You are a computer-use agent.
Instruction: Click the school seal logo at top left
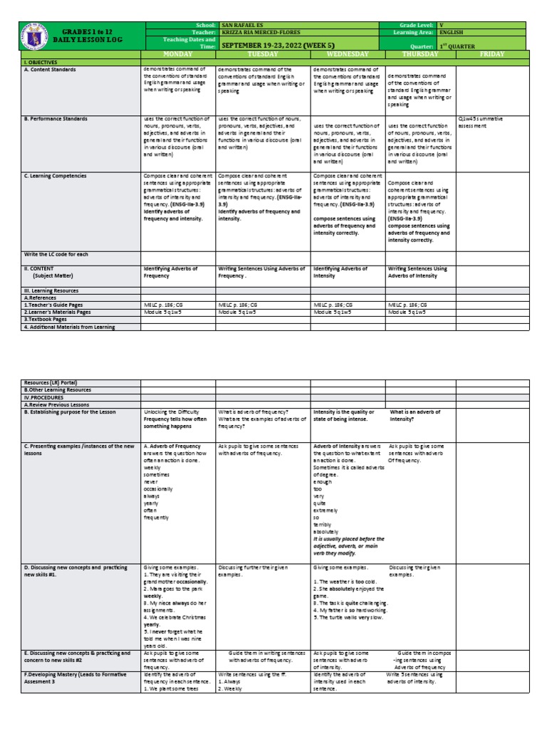pyautogui.click(x=32, y=39)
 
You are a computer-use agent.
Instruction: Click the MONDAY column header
pyautogui.click(x=178, y=54)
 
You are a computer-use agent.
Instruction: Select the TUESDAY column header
pyautogui.click(x=262, y=54)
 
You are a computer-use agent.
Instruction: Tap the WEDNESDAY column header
pyautogui.click(x=347, y=54)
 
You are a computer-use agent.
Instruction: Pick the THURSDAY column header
pyautogui.click(x=420, y=54)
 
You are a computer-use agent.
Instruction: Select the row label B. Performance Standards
pyautogui.click(x=57, y=119)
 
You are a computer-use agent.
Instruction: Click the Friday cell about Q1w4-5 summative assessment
pyautogui.click(x=491, y=122)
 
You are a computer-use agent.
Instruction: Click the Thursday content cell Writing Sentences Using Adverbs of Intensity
pyautogui.click(x=417, y=271)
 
